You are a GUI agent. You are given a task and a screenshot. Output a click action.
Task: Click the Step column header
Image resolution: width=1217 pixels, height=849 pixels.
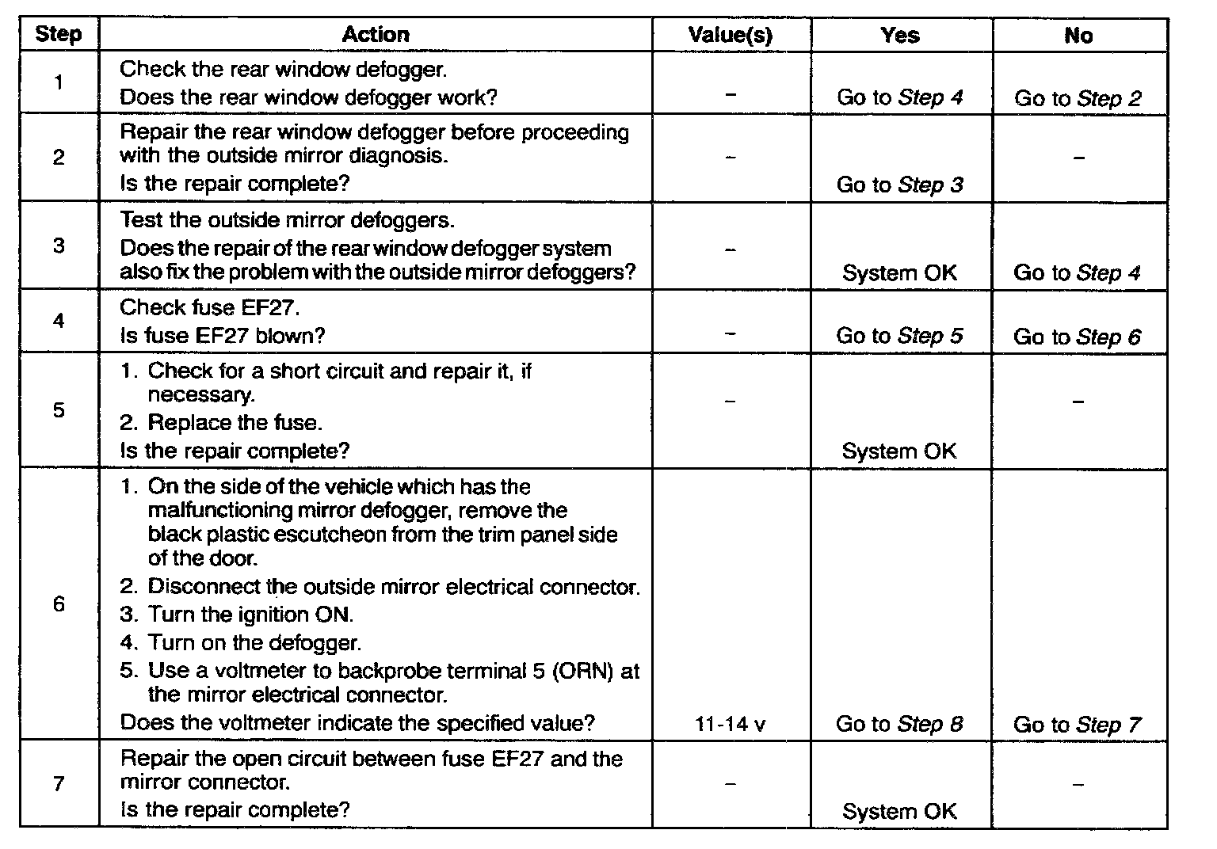coord(59,35)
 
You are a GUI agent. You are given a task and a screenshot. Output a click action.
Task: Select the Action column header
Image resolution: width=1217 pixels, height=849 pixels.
coord(376,35)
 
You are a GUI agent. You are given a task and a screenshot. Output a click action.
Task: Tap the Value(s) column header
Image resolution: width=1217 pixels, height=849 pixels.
coord(731,35)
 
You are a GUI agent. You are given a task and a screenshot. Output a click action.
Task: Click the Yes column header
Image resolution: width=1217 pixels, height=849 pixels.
coord(900,35)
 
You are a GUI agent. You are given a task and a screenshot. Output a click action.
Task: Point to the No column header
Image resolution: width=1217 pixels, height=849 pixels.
coord(1078,36)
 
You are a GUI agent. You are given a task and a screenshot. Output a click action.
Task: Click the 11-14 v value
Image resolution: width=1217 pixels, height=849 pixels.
coord(731,724)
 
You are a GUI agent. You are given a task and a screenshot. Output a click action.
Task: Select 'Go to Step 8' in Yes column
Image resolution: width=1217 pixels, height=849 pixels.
coord(899,724)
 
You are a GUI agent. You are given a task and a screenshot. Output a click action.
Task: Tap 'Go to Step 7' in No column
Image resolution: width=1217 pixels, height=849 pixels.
coord(1078,725)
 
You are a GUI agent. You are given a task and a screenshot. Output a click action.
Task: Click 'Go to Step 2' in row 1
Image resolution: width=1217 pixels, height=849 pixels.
coord(1078,98)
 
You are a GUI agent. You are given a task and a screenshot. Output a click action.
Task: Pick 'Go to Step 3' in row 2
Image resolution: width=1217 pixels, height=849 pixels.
coord(899,185)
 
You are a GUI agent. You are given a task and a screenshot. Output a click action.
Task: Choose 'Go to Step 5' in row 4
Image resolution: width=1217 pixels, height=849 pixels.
coord(899,336)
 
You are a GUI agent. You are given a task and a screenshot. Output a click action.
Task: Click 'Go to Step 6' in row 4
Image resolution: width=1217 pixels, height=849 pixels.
coord(1078,337)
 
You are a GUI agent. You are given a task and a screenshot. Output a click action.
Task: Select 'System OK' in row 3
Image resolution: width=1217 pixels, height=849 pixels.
coord(899,273)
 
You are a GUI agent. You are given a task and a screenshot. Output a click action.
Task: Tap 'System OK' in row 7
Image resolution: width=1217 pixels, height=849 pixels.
coord(899,812)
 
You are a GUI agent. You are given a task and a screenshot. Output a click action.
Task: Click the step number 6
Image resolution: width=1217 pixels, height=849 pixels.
coord(59,604)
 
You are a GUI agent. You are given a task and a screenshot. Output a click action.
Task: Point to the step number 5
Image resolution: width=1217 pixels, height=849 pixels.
coord(59,410)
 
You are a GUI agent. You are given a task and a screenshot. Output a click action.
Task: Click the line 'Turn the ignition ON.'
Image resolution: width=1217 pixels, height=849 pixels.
coord(250,615)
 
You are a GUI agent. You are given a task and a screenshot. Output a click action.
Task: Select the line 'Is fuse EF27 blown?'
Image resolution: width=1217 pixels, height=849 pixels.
coord(223,336)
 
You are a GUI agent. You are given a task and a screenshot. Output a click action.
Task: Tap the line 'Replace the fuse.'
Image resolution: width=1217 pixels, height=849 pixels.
coord(235,423)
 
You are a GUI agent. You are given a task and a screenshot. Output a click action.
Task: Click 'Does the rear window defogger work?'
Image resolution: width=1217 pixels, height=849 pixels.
coord(309,97)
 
